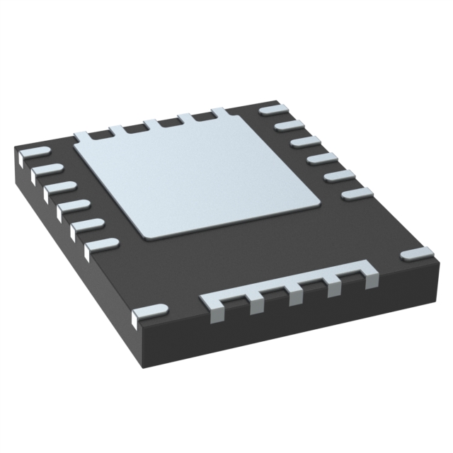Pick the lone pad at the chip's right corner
click(415, 253)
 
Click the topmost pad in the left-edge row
click(34, 153)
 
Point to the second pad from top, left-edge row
click(48, 170)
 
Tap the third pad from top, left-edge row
click(61, 188)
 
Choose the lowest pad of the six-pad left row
click(101, 245)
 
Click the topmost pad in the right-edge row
click(271, 110)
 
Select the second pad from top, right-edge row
click(287, 125)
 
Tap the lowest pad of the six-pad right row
click(357, 193)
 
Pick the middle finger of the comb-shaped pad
click(295, 297)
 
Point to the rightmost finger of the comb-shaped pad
click(370, 278)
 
